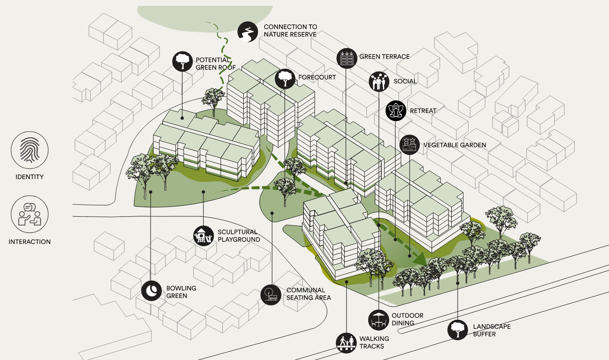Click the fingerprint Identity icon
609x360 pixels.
click(30, 150)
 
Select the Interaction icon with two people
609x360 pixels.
click(30, 215)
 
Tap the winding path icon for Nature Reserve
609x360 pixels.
click(247, 32)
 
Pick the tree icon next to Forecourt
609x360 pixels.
click(285, 79)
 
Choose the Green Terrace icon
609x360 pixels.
click(347, 58)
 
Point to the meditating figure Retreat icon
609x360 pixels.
click(396, 111)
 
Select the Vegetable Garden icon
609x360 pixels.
click(410, 145)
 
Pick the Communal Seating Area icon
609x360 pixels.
click(271, 295)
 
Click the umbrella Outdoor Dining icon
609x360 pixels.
click(379, 320)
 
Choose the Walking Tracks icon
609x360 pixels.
click(346, 343)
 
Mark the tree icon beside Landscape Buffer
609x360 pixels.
click(458, 330)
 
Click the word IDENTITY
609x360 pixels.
click(29, 177)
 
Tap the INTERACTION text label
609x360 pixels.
click(29, 242)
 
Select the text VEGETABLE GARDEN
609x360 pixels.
click(455, 145)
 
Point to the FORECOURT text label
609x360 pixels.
click(317, 77)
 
